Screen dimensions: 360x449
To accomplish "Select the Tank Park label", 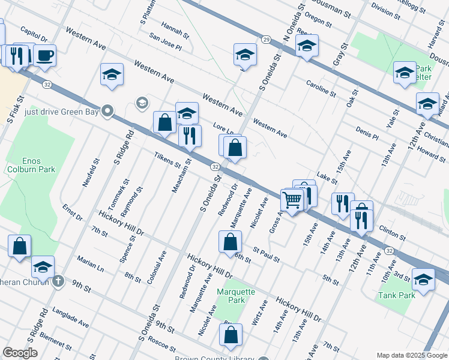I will (397, 295).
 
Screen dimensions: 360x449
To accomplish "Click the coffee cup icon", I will (44, 56).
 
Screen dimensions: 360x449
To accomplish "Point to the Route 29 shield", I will (265, 39).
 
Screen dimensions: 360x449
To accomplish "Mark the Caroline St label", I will (321, 88).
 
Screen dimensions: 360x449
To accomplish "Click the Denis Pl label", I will (367, 133).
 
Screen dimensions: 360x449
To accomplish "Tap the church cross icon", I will (58, 281).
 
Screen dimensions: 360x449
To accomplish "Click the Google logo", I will (20, 353).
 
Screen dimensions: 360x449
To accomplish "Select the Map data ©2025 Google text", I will (411, 355).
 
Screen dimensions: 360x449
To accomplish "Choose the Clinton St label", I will (393, 232).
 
